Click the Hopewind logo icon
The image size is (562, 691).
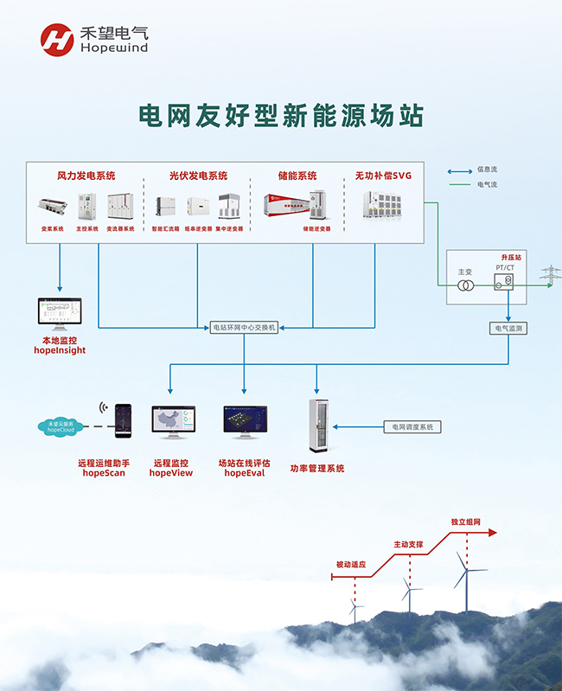click(57, 39)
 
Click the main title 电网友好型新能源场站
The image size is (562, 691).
click(282, 115)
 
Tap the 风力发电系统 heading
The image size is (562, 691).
click(86, 176)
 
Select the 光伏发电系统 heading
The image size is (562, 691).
click(198, 176)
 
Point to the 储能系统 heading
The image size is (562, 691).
click(297, 176)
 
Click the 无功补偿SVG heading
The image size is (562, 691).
click(384, 176)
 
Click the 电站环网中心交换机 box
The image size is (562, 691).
click(245, 328)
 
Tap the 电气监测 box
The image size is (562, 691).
click(508, 328)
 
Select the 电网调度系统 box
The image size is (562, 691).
click(412, 426)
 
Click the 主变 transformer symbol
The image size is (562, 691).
click(465, 285)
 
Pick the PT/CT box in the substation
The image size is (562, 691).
click(504, 281)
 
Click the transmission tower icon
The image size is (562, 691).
click(550, 275)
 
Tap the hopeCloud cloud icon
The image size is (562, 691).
click(61, 425)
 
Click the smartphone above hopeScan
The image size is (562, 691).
click(125, 421)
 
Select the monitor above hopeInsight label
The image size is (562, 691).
click(59, 314)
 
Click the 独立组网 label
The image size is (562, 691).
click(465, 522)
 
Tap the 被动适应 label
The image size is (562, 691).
click(351, 564)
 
